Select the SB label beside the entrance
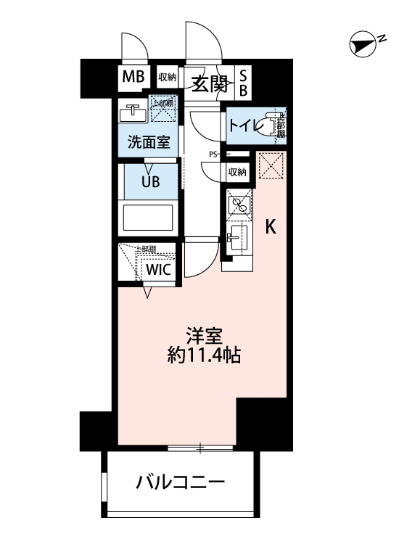click(x=244, y=83)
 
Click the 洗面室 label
click(x=149, y=142)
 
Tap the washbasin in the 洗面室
click(x=133, y=112)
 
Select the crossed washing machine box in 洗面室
click(x=163, y=112)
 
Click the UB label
click(x=149, y=182)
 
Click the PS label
click(x=214, y=154)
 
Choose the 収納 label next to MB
click(x=167, y=78)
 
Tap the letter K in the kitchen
click(x=270, y=227)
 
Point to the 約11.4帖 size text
click(x=203, y=356)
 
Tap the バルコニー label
click(x=181, y=482)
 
